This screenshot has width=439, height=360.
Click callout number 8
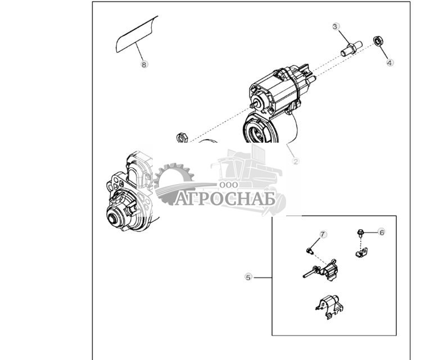pos(144,65)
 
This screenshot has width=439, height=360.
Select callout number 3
pos(335,26)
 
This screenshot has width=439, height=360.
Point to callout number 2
pos(296,161)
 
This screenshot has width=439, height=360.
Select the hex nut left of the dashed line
pos(182,136)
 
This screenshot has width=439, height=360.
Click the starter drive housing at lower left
pos(126,194)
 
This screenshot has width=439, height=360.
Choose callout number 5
pos(248,277)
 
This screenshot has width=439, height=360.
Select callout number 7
pos(323,234)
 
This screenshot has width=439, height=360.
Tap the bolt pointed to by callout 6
pos(359,233)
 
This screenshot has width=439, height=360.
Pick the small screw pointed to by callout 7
pos(310,249)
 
